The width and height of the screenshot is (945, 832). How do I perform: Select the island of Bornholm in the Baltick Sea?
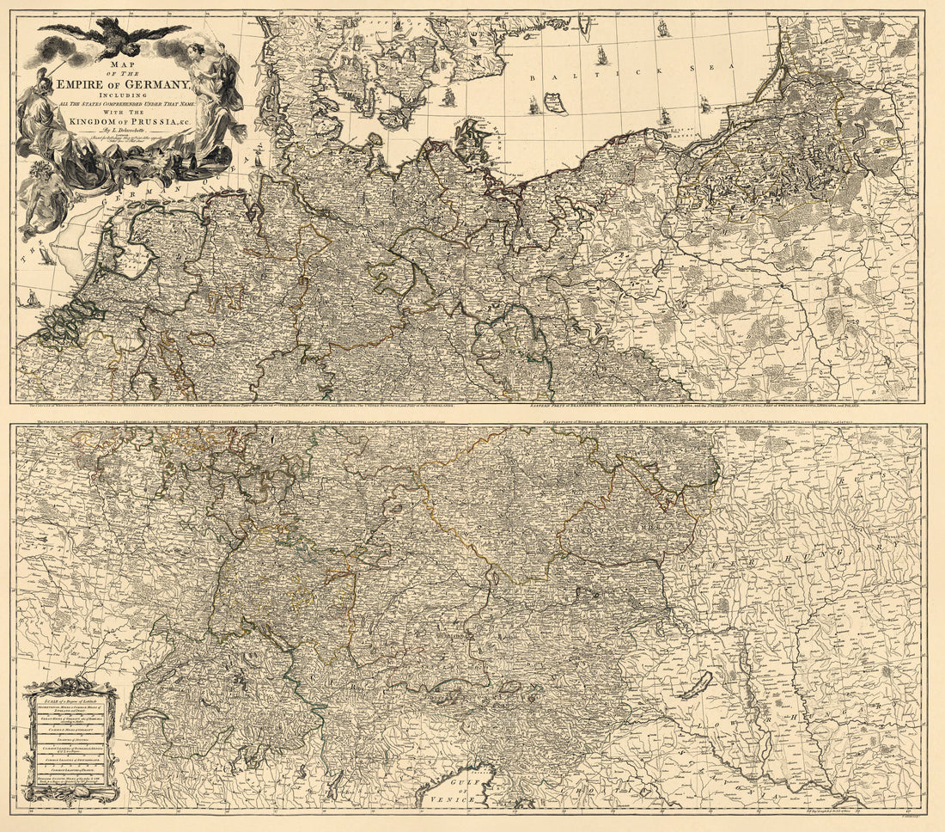(556, 104)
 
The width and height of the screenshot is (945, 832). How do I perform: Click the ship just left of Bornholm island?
(533, 107)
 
